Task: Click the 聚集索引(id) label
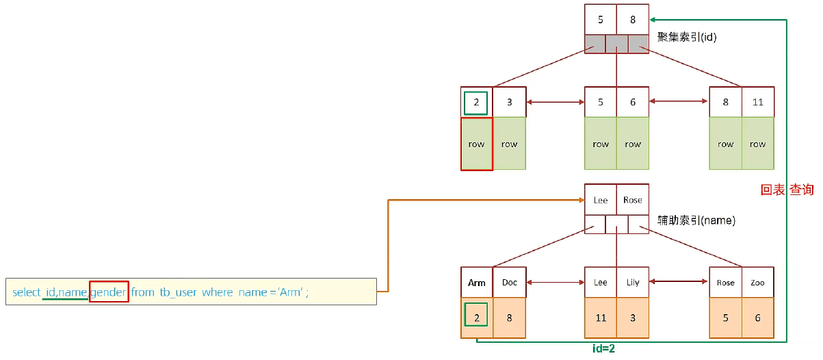pos(686,38)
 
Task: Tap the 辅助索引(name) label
pos(696,221)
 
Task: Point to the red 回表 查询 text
pos(787,190)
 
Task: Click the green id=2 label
pos(603,349)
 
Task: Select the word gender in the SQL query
pos(108,292)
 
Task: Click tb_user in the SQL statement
pos(178,292)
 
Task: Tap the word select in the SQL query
pos(26,292)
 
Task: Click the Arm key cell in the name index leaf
pos(477,283)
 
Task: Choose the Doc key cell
pos(510,283)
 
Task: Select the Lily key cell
pos(633,283)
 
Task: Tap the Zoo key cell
pos(757,283)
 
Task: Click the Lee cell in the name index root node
pos(601,200)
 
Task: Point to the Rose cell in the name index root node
pos(633,200)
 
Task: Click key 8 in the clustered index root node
pos(633,20)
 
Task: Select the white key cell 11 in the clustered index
pos(757,102)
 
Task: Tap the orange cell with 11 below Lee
pos(601,318)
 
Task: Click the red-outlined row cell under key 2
pos(477,144)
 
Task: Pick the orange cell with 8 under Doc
pos(510,318)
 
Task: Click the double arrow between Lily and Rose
pos(679,281)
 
